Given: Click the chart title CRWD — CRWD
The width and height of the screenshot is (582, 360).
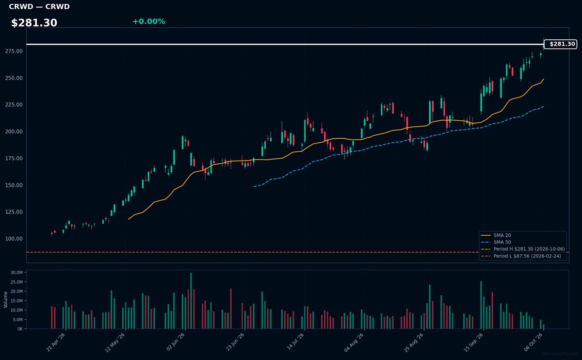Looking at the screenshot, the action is (x=39, y=6).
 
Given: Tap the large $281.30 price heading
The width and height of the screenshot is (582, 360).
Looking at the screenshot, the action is (x=34, y=23).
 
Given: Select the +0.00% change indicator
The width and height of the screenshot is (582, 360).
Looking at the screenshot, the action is (x=149, y=21).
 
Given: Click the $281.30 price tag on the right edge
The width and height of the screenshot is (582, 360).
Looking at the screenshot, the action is (x=561, y=44).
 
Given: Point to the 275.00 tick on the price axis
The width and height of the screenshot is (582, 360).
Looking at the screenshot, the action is (x=14, y=51).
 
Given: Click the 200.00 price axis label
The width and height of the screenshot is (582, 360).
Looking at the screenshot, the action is (x=14, y=131).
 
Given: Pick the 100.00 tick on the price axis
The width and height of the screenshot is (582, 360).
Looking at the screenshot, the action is (x=14, y=239).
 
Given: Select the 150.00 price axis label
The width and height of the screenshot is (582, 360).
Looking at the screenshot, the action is (x=14, y=185).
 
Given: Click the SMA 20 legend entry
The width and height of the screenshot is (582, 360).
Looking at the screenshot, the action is (x=496, y=235).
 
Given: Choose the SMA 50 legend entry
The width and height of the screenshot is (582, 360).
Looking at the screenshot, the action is (x=496, y=242).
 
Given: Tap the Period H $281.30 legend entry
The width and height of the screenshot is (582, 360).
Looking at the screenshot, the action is (x=522, y=249).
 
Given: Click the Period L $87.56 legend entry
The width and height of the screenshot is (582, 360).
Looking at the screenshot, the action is (x=521, y=256).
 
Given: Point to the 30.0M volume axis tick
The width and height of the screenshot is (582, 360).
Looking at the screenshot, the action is (x=16, y=272).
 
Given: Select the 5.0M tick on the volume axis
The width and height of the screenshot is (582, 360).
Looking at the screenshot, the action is (x=17, y=319).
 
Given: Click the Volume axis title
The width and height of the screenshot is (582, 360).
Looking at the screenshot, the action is (x=5, y=300).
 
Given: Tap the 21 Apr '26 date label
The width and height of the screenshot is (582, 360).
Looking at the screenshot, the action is (x=56, y=343).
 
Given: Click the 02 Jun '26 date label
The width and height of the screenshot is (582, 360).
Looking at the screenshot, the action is (x=176, y=342).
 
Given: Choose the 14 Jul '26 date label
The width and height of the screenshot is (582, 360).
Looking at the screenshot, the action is (x=295, y=342).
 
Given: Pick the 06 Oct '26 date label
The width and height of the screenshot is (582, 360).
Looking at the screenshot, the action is (x=533, y=343).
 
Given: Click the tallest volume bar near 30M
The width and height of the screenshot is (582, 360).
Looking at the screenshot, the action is (x=191, y=301).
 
